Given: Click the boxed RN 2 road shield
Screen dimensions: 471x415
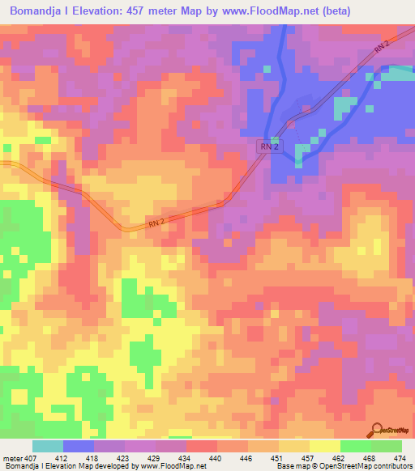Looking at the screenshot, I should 272,146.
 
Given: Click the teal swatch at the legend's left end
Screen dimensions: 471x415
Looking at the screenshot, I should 48,446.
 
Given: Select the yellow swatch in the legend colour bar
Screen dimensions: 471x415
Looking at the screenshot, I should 324,446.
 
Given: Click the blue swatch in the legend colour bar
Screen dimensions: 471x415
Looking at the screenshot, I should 79,446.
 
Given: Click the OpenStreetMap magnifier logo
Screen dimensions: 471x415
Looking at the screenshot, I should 377,431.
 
